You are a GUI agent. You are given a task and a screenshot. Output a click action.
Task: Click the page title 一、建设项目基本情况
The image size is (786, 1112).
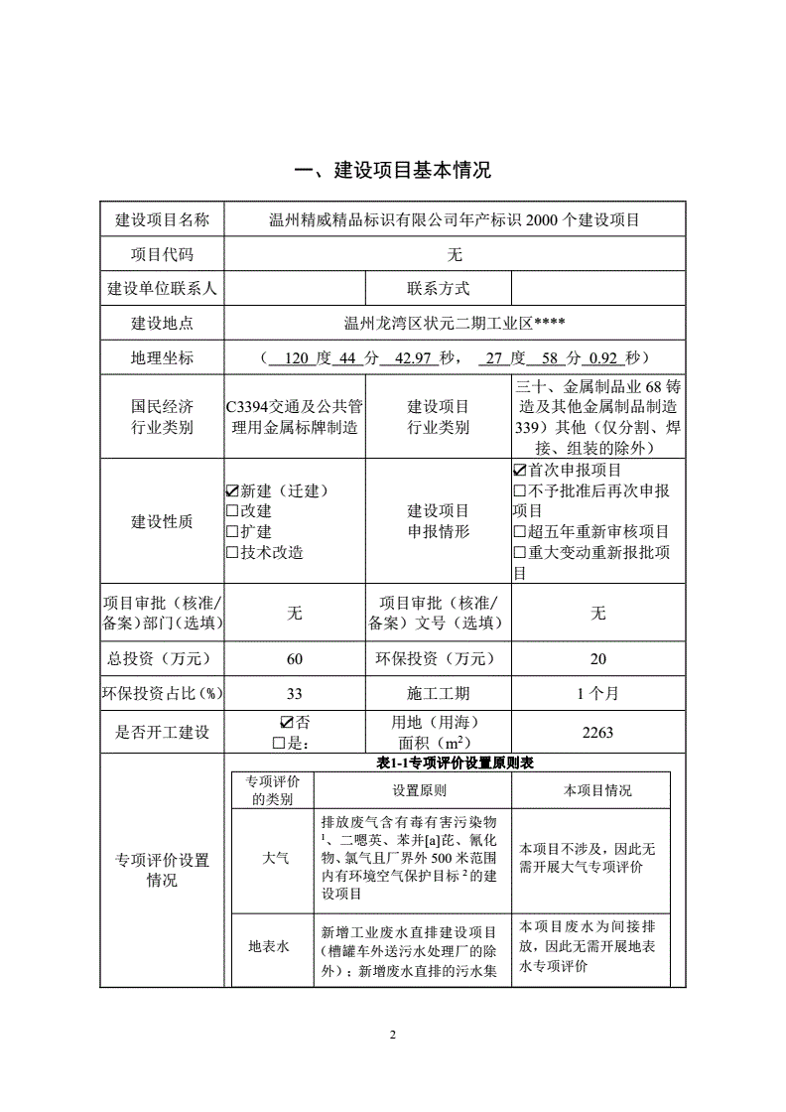393,170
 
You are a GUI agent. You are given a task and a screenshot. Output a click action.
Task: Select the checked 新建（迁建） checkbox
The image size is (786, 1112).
232,490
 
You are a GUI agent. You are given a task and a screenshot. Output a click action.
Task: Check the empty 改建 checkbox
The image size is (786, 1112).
232,510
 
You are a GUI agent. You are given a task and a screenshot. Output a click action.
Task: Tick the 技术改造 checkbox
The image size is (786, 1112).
232,552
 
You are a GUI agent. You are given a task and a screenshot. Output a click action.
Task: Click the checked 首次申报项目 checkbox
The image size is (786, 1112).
518,470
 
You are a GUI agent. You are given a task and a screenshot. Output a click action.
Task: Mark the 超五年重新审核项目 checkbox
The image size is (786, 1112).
518,532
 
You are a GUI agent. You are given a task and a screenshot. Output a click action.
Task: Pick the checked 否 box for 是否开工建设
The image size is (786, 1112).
287,722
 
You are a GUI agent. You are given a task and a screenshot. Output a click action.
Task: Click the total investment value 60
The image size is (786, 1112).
295,659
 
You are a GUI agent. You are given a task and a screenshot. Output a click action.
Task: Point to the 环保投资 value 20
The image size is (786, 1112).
597,659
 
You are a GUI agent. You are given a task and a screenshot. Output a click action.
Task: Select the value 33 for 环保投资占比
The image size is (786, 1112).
295,693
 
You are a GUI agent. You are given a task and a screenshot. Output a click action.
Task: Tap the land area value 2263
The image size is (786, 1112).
597,732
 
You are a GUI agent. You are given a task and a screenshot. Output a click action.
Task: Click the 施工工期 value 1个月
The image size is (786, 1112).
597,693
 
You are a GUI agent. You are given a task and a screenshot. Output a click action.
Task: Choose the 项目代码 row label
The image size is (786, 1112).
163,255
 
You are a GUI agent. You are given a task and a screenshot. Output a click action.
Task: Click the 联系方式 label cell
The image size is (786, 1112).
438,289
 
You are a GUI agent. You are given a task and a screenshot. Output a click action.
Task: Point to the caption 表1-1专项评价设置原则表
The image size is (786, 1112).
457,762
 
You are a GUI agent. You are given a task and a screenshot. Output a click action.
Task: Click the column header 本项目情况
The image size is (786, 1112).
597,790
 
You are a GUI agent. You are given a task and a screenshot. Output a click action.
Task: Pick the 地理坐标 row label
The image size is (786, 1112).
163,357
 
